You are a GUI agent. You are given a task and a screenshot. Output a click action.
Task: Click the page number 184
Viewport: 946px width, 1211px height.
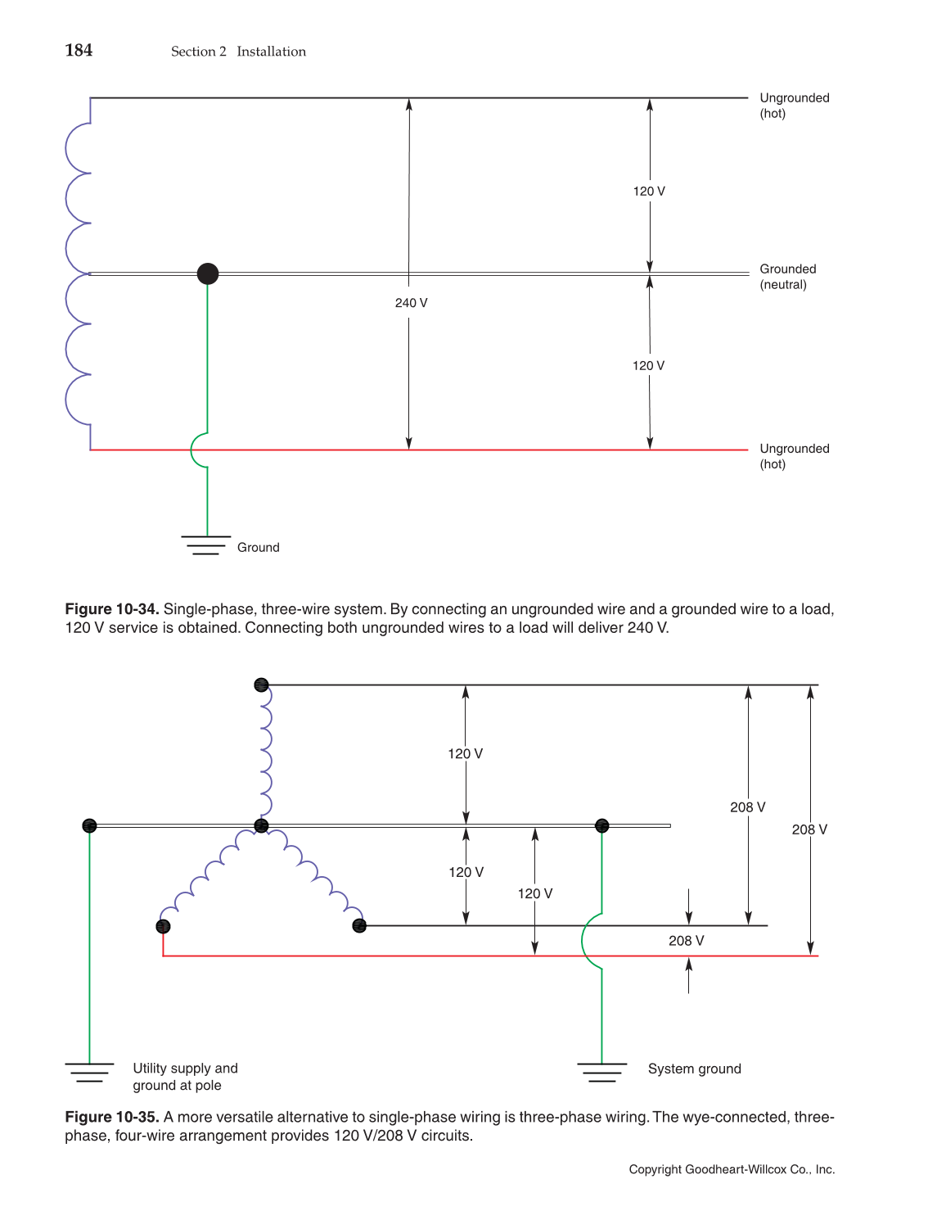(x=79, y=51)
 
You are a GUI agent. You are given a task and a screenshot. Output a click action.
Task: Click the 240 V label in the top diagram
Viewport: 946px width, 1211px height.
(x=411, y=303)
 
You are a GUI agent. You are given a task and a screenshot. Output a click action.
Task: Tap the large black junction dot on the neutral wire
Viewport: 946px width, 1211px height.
(x=208, y=273)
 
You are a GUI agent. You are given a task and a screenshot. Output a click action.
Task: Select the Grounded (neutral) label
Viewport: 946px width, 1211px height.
(x=787, y=277)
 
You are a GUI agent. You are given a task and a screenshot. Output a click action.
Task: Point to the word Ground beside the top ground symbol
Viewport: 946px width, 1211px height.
(x=258, y=548)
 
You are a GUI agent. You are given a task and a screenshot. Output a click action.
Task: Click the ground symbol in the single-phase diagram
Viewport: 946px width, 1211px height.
(x=206, y=545)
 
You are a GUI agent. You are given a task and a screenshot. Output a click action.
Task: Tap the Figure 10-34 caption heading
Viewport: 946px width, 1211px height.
(x=112, y=609)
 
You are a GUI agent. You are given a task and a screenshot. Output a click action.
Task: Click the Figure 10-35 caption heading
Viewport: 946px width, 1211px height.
(x=112, y=1117)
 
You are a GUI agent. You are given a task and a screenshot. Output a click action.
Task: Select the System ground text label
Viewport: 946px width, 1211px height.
(x=694, y=1069)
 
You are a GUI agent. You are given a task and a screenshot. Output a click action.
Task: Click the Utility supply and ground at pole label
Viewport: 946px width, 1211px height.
(x=185, y=1077)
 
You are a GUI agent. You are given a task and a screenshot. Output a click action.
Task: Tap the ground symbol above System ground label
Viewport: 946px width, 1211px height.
(x=601, y=1072)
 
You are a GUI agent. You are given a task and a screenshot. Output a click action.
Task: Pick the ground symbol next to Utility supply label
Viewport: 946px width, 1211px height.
(x=89, y=1072)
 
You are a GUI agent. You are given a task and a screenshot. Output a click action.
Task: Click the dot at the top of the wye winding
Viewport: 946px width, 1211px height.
(x=261, y=685)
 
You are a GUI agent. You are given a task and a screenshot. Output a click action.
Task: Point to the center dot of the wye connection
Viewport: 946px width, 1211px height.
(x=261, y=825)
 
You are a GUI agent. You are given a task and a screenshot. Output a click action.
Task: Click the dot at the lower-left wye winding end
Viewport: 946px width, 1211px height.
(x=163, y=926)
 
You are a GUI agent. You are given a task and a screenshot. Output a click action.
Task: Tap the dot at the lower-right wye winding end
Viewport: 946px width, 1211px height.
(x=358, y=926)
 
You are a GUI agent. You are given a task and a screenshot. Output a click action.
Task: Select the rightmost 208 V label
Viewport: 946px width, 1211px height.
(x=809, y=829)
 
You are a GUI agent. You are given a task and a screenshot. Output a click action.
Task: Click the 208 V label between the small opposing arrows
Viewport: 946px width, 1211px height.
(x=686, y=941)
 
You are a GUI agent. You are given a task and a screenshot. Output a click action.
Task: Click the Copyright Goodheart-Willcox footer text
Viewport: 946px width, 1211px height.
(x=732, y=1169)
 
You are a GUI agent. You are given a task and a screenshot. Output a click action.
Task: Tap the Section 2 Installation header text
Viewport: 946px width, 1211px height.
(x=238, y=52)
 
